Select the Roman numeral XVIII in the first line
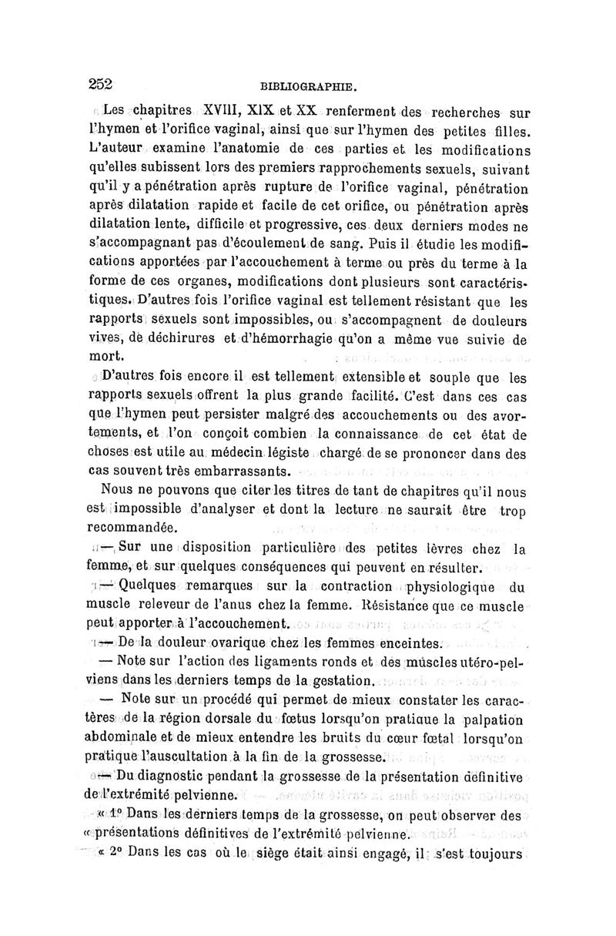pyautogui.click(x=205, y=112)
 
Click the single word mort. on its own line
pyautogui.click(x=105, y=357)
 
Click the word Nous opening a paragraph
pyautogui.click(x=117, y=490)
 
